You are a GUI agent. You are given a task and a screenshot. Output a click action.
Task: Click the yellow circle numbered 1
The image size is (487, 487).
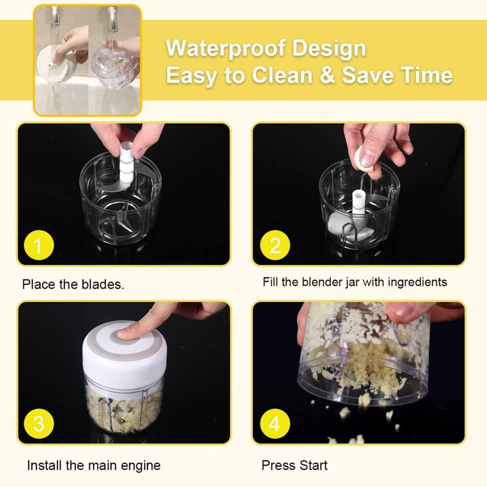coord(39,245)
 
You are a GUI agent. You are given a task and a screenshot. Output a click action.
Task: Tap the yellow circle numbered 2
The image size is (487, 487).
coord(275,245)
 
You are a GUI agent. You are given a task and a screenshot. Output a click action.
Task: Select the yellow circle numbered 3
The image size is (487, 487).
coord(39,424)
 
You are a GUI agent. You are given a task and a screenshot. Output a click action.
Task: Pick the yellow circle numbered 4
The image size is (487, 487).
coord(275,424)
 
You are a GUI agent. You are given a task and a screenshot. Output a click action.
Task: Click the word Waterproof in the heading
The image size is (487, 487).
coord(226,48)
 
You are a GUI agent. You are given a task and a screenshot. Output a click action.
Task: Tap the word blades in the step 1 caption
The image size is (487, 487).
coord(102,284)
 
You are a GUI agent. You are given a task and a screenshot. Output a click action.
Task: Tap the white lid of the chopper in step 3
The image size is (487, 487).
coord(124,349)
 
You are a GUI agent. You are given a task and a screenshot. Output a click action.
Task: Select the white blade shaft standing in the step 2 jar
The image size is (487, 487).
coord(359,202)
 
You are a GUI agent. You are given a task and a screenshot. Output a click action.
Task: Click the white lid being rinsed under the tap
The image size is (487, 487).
coord(56,64)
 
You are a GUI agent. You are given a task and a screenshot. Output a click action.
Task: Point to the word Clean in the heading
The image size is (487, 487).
coord(282,75)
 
